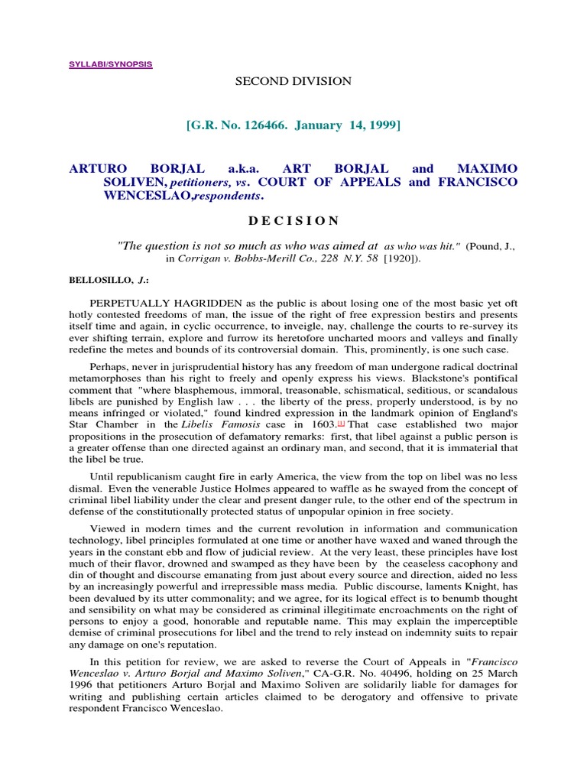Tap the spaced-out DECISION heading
click(293, 220)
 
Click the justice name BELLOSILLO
click(98, 281)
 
